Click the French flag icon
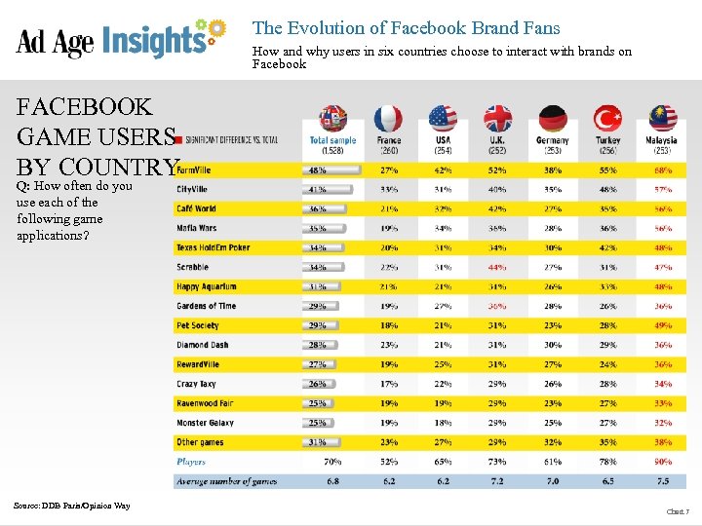[388, 120]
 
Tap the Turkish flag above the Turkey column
[609, 120]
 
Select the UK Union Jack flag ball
[498, 120]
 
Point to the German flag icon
[553, 120]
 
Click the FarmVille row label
[193, 169]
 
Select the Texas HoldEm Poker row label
[213, 247]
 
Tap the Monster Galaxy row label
[205, 423]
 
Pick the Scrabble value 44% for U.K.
[497, 267]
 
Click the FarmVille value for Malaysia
[663, 169]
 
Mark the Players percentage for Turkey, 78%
[607, 461]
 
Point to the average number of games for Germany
[552, 481]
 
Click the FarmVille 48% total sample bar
[329, 169]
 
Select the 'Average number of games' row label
[226, 481]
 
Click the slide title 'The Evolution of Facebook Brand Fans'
[406, 28]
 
